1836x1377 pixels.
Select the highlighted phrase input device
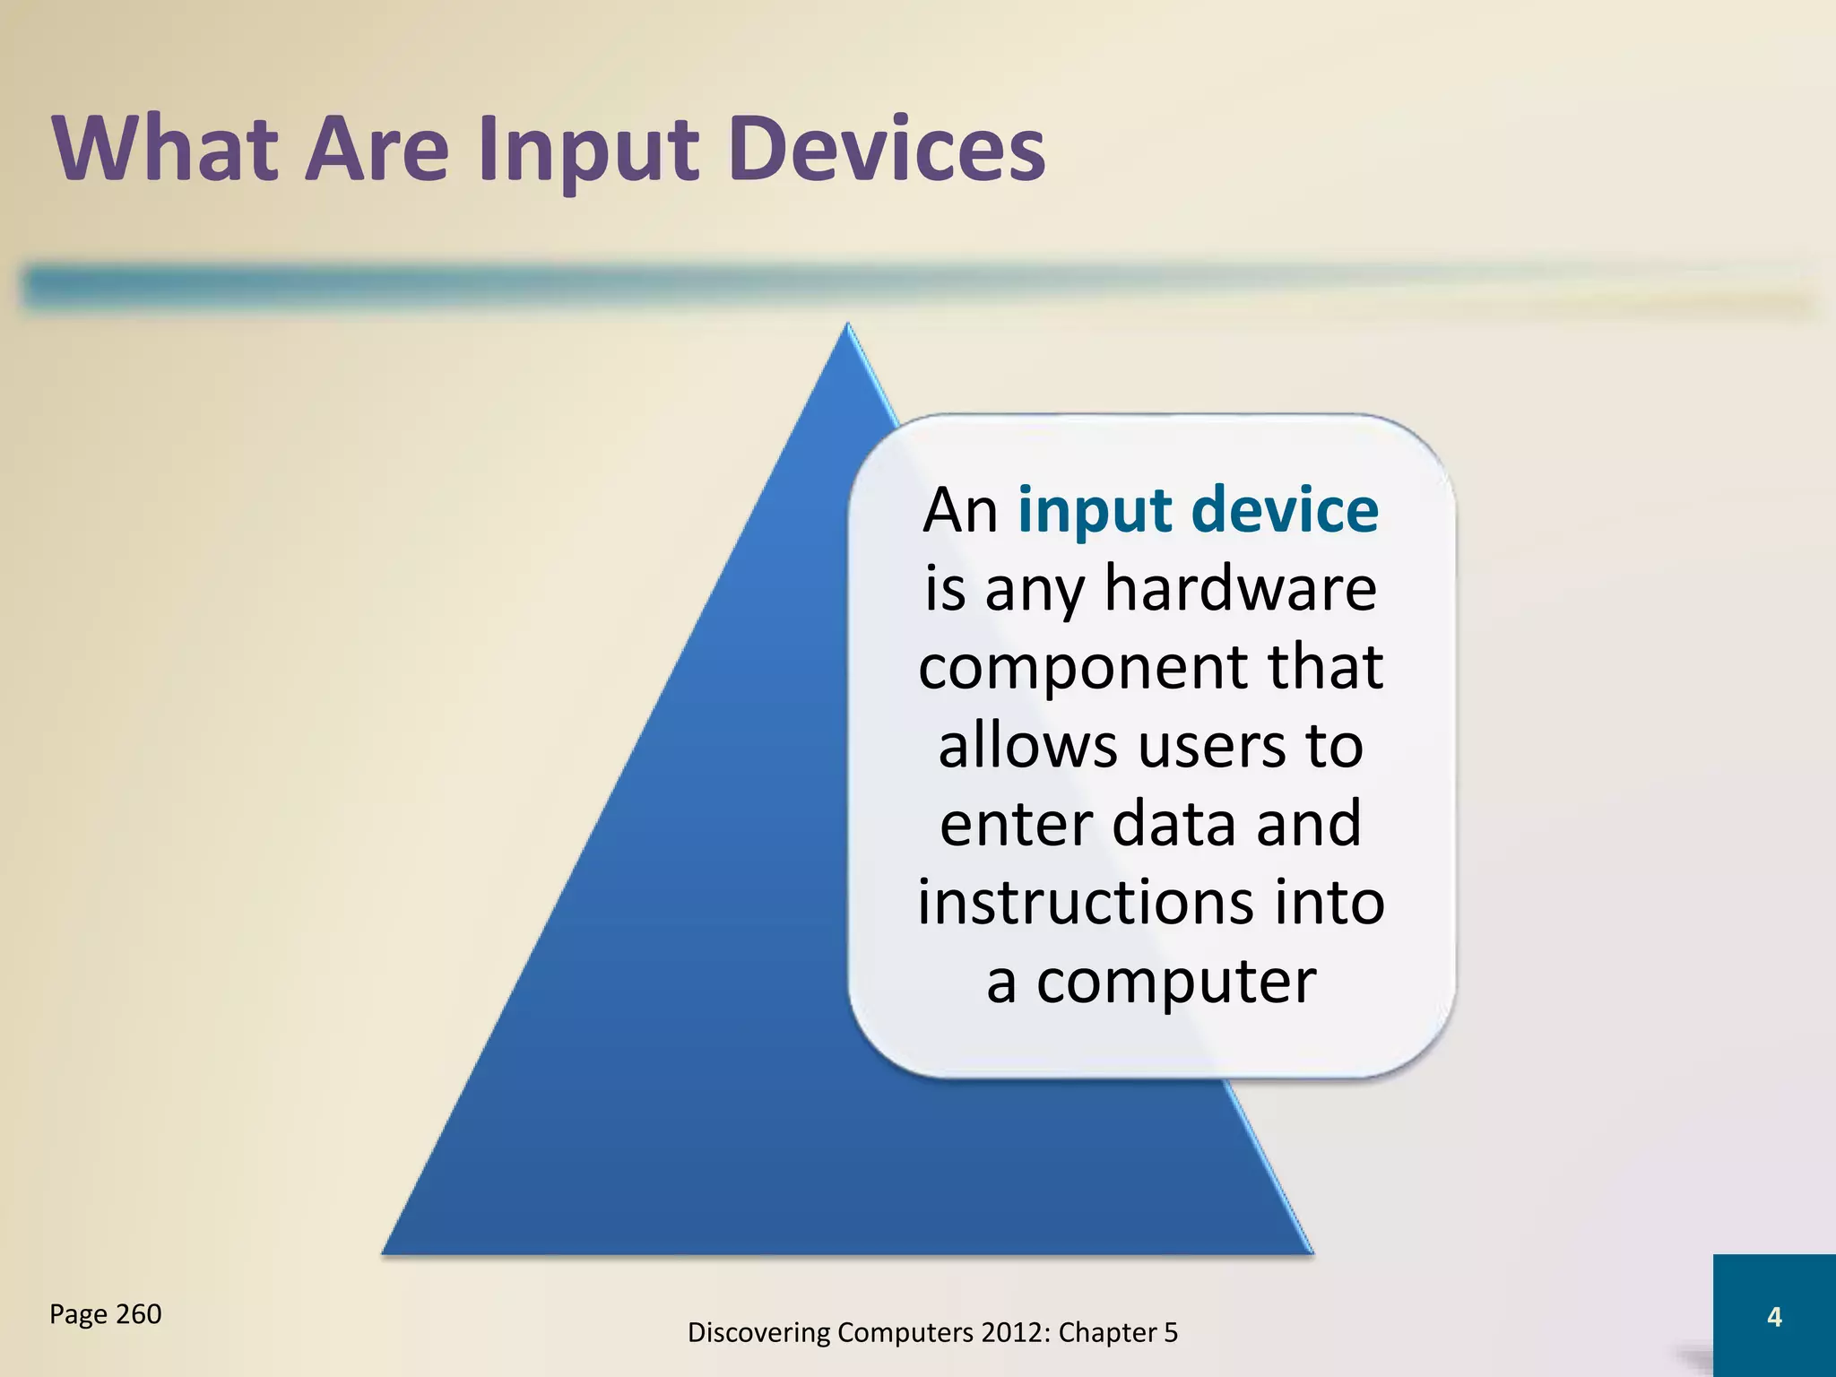coord(1198,510)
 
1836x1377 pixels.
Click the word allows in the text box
coord(1027,745)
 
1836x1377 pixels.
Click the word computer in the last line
coord(1176,981)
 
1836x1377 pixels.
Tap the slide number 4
coord(1773,1316)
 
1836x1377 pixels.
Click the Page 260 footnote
coord(106,1314)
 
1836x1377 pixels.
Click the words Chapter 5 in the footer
coord(1118,1333)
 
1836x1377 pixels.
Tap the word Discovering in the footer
coord(758,1333)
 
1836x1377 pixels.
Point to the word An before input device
coord(960,510)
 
